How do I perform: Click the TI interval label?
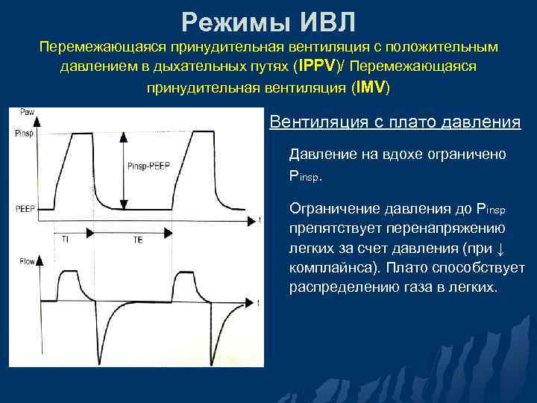tap(66, 240)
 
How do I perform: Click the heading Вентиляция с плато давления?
tap(395, 122)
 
